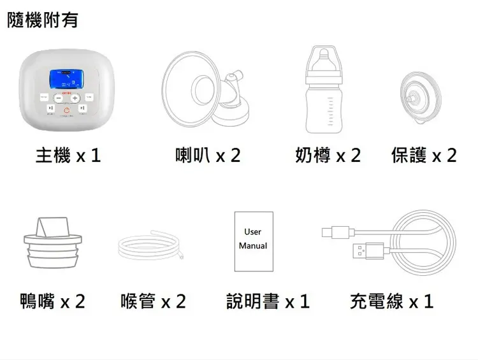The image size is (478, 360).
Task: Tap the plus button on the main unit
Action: (x=75, y=98)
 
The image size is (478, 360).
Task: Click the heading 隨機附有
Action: (x=42, y=20)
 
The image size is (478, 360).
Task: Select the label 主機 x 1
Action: (x=69, y=155)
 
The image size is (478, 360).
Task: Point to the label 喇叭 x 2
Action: (x=208, y=155)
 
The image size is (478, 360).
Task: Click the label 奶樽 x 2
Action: (x=328, y=155)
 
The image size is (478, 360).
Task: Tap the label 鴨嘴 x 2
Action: (x=52, y=300)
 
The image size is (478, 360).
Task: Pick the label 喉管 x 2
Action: (x=153, y=300)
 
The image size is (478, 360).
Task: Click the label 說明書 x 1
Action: (x=268, y=300)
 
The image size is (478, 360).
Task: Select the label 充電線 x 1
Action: (x=392, y=300)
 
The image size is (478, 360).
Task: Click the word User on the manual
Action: (x=253, y=232)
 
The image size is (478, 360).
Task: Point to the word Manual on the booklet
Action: (x=253, y=245)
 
